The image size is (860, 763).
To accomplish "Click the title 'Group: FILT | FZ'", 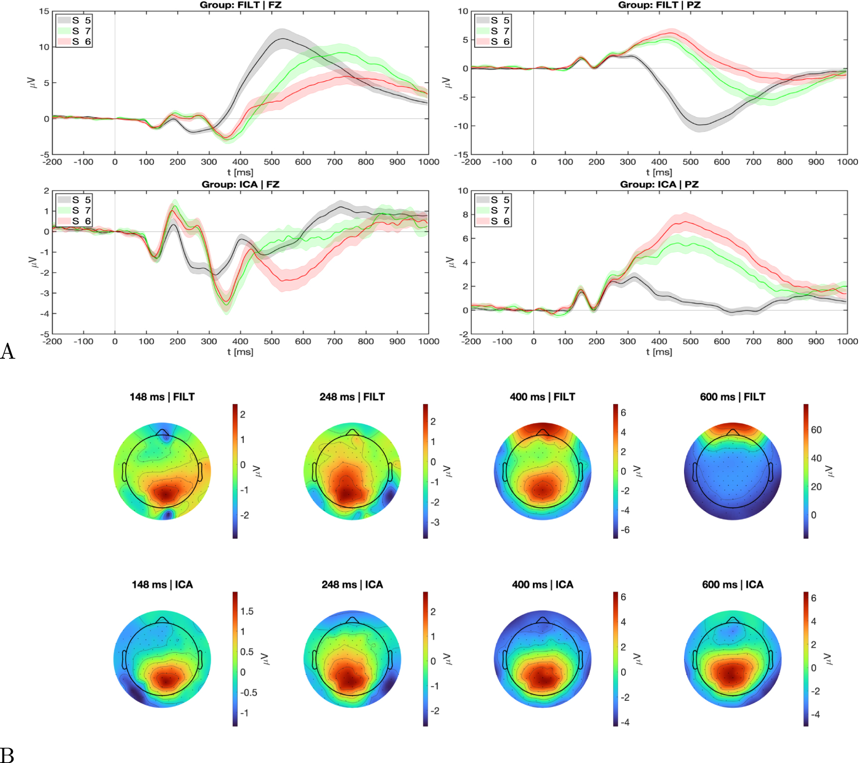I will pos(240,5).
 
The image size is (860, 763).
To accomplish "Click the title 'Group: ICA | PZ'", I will pos(659,184).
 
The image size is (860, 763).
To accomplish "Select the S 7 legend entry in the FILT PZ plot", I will pos(494,31).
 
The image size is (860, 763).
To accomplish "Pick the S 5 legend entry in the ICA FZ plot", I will pos(75,200).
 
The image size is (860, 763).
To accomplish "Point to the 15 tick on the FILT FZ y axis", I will pos(44,11).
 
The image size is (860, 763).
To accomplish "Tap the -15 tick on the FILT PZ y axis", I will pos(461,154).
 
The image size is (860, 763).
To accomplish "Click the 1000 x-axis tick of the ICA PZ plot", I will pos(847,341).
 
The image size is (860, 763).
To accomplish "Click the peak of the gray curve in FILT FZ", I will pos(283,38).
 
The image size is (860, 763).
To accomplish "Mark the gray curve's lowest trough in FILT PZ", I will pos(700,125).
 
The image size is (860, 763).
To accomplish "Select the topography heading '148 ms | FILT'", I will pos(162,397).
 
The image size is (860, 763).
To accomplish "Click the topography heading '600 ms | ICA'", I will pos(732,585).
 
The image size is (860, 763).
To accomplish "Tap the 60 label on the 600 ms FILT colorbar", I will pos(816,430).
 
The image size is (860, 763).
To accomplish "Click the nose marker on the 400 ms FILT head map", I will pos(543,431).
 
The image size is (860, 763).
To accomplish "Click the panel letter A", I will pos(7,351).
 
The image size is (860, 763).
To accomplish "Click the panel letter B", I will pos(7,754).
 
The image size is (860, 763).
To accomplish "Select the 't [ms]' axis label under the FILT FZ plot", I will pos(240,172).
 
